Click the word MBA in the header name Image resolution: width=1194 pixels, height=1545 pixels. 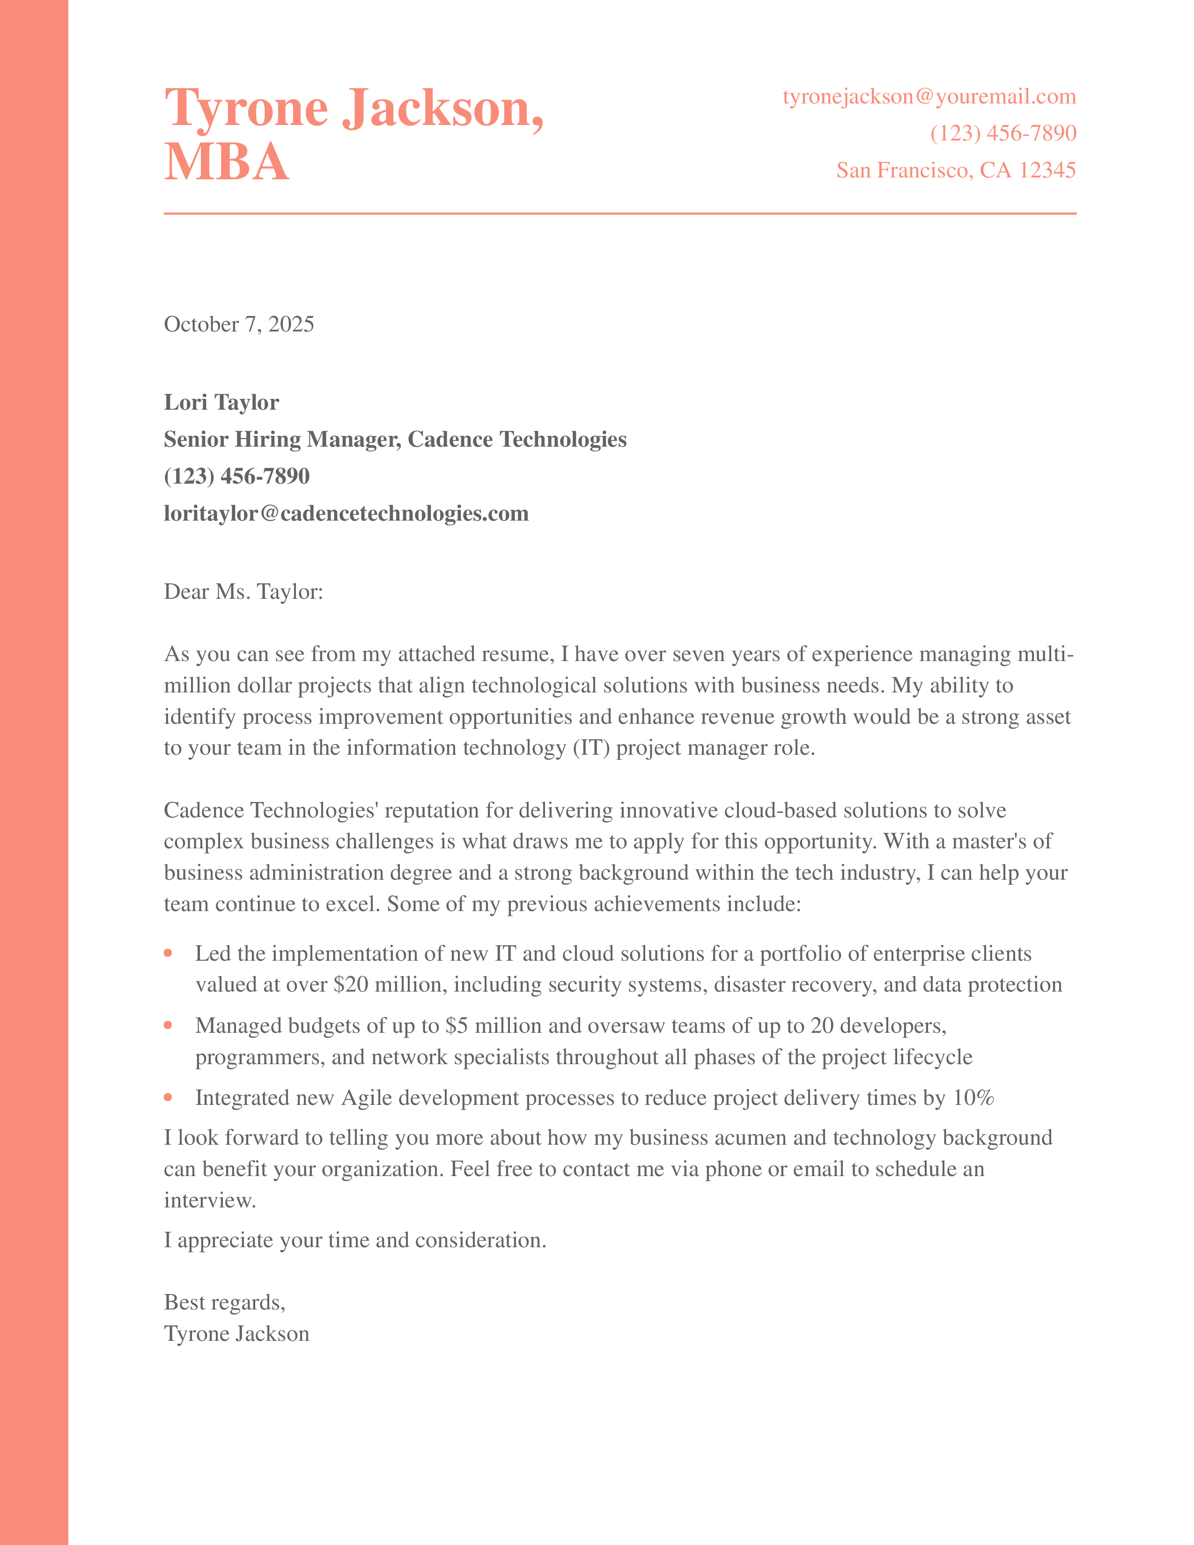226,162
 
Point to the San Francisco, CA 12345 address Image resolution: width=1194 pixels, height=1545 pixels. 956,170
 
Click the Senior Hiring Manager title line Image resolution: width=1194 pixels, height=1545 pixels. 395,439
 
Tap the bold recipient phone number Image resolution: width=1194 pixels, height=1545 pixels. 236,476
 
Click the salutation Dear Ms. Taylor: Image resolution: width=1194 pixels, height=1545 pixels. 243,591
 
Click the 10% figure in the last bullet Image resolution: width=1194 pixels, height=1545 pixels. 973,1098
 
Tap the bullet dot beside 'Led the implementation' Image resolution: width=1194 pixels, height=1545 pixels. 169,954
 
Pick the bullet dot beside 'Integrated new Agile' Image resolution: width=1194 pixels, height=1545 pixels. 169,1098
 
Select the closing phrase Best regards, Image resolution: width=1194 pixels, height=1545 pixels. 224,1302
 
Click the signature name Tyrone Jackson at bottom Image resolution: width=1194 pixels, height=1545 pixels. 236,1333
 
